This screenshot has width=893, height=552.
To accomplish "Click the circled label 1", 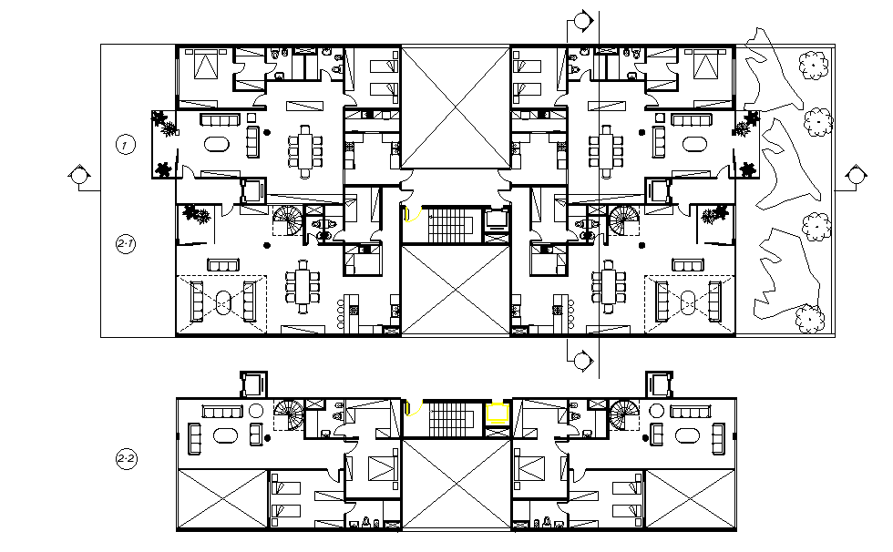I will (126, 144).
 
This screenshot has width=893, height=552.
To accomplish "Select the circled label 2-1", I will (126, 244).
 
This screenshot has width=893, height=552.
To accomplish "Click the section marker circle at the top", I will (581, 20).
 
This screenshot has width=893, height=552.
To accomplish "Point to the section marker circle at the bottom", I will (581, 361).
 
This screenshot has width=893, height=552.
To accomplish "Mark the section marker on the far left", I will (79, 175).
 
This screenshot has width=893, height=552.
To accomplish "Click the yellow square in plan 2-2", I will (497, 413).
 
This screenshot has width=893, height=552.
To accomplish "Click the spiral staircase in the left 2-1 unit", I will (290, 222).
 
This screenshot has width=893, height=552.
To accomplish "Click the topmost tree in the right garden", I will (813, 65).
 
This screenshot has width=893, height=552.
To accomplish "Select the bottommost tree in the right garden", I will (806, 319).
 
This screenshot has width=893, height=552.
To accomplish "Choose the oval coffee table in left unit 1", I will (218, 144).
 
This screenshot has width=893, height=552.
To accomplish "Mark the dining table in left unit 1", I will (304, 148).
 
